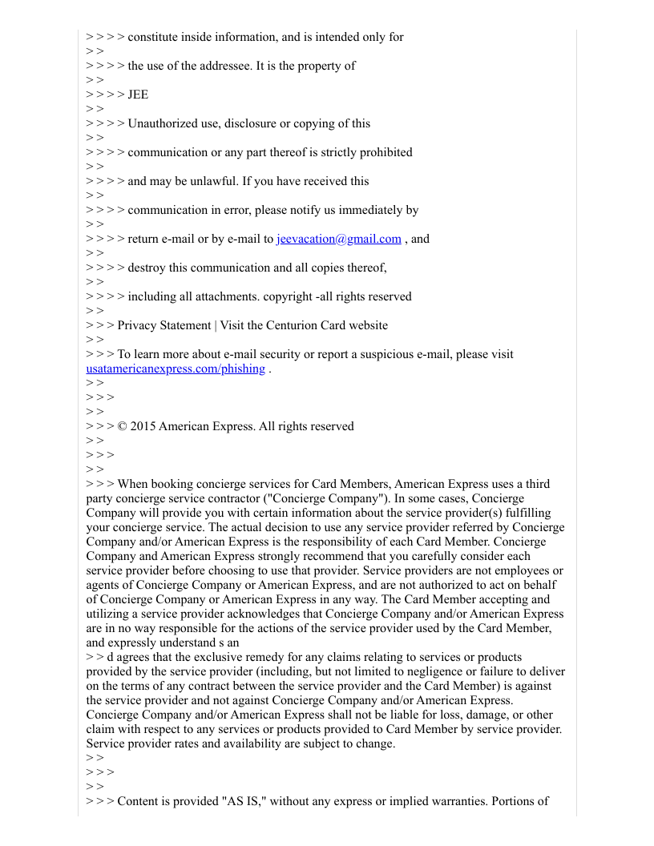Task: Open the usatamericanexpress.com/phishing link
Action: (176, 369)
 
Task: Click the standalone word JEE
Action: (138, 95)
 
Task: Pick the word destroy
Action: (147, 268)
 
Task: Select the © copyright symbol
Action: (122, 426)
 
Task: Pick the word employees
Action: (523, 570)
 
